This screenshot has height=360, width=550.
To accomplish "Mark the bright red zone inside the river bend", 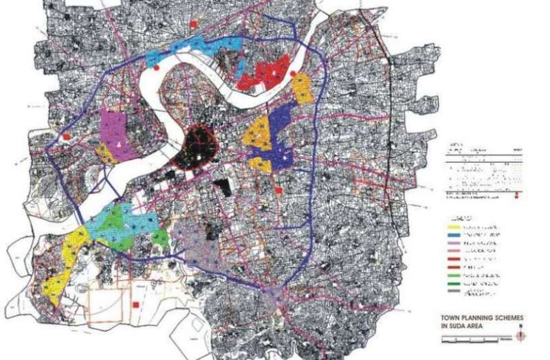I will coord(265,74).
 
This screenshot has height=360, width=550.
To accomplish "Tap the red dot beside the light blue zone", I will coord(157,68).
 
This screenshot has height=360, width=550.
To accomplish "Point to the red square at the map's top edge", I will coord(195,25).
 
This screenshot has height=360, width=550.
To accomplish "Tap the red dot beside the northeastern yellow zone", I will coord(294,74).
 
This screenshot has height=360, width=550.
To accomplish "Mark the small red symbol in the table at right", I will coord(516,198).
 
